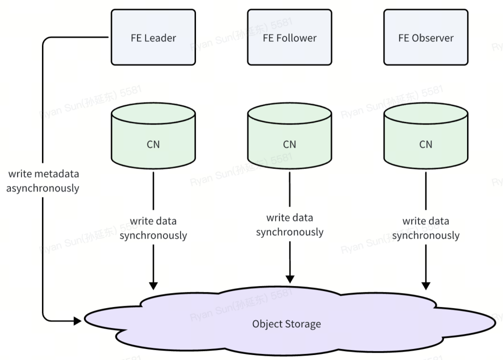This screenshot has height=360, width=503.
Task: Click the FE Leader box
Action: coord(153,37)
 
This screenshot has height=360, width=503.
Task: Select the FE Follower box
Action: coord(289,37)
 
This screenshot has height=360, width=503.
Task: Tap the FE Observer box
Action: coord(425,37)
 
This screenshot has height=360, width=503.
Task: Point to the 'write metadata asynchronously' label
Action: coord(43,181)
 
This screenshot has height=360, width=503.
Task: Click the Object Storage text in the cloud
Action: coord(286,324)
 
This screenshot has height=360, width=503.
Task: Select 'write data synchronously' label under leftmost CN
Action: coord(153,228)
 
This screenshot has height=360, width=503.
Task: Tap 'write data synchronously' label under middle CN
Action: coord(289,225)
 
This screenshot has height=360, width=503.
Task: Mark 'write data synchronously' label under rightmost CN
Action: coord(425,228)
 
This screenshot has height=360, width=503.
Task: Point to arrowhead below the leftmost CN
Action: coord(153,285)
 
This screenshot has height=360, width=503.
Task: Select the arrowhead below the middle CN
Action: coord(289,278)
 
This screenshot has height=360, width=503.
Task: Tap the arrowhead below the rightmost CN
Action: coord(425,286)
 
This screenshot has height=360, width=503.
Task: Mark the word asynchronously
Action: coord(43,188)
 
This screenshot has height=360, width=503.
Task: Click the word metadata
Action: coord(56,174)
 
